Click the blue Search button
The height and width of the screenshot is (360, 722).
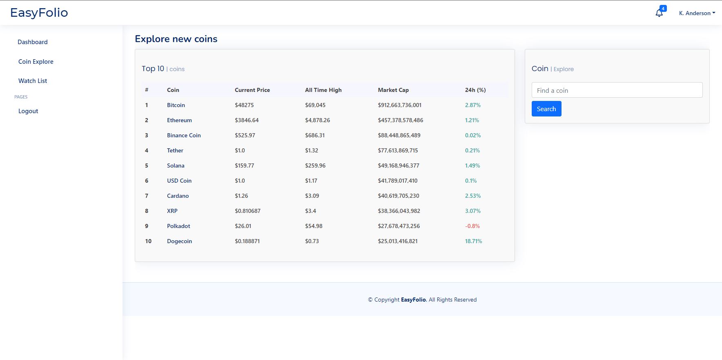point(546,109)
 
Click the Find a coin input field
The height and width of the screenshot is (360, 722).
point(617,90)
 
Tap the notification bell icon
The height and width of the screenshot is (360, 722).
point(659,13)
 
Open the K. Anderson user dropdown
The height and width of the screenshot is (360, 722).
point(697,13)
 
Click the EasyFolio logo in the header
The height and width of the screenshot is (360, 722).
point(39,13)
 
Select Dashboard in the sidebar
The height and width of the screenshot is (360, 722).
point(33,42)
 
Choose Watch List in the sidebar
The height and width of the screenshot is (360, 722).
point(33,81)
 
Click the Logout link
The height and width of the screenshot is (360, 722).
point(28,111)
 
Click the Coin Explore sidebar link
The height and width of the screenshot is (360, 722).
point(36,62)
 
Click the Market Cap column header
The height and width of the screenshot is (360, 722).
point(393,90)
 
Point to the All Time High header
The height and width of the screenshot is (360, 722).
point(323,90)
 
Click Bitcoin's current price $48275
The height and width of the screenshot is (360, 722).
point(244,105)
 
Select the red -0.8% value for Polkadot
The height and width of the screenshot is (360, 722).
point(472,226)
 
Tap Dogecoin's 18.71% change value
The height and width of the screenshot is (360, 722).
point(473,241)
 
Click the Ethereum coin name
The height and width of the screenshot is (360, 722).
point(179,120)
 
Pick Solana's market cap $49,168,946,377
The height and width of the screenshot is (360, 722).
point(398,165)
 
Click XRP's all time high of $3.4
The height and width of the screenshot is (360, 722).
point(310,211)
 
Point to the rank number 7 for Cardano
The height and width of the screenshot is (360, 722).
point(147,196)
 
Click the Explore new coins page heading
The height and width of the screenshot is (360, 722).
point(176,39)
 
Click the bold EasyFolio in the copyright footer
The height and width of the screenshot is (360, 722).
point(413,300)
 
